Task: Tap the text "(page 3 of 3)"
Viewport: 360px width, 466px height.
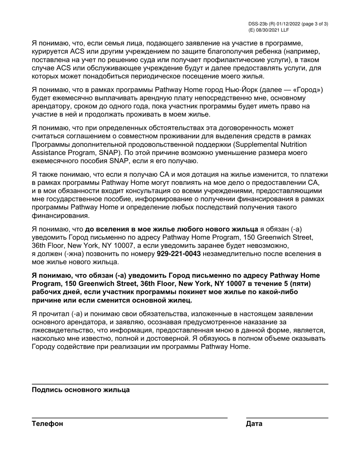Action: coord(315,23)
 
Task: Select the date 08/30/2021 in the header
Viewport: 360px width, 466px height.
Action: coord(268,30)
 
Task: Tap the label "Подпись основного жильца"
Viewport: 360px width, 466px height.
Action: coord(81,390)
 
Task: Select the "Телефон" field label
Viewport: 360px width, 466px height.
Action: coord(47,424)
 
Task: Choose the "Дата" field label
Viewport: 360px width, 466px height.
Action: coord(254,424)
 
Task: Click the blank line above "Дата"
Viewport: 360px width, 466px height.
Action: coord(287,418)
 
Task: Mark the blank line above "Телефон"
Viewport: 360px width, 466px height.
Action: coord(130,418)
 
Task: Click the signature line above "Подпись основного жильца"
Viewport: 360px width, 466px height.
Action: coord(180,384)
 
